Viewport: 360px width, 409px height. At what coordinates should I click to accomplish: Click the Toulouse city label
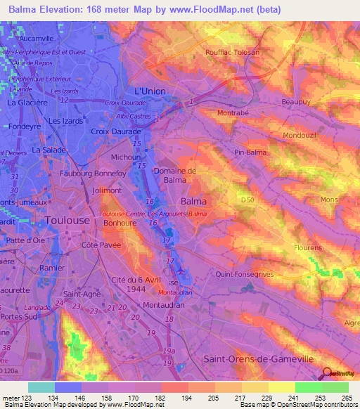[67, 220]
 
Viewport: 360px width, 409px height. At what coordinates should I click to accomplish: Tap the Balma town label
[193, 201]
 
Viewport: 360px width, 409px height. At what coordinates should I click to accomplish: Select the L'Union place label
[149, 92]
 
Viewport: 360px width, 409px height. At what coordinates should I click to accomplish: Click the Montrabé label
[234, 112]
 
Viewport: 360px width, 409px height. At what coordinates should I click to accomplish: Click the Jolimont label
[105, 190]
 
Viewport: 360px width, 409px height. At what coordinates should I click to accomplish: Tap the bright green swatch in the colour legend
[308, 387]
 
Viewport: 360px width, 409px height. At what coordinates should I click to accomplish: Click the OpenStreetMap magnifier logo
[328, 375]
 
